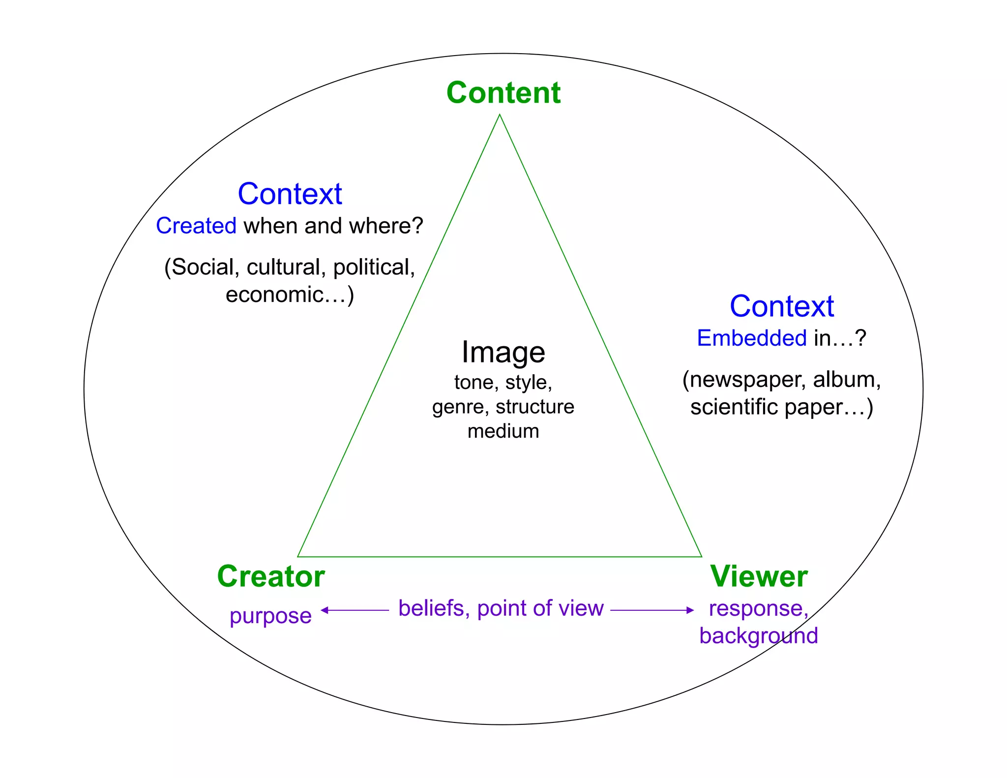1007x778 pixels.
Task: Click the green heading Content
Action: click(503, 92)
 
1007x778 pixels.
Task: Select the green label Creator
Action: click(271, 576)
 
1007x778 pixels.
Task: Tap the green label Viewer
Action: click(759, 576)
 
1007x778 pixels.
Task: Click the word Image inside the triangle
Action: click(503, 352)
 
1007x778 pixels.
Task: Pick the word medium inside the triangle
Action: click(503, 431)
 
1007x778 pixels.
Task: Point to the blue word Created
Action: click(196, 226)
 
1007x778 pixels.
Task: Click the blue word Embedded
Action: click(752, 338)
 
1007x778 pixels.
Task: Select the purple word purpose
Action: click(270, 616)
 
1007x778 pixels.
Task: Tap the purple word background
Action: click(759, 635)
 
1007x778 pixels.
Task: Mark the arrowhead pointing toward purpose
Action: click(325, 610)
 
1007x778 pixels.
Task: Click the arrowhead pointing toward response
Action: click(690, 610)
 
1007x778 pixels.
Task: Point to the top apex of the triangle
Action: click(500, 115)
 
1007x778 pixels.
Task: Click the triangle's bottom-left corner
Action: click(298, 557)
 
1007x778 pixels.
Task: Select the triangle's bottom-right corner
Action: click(701, 557)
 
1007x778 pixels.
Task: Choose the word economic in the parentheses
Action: click(274, 295)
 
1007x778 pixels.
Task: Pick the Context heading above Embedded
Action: click(782, 306)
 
